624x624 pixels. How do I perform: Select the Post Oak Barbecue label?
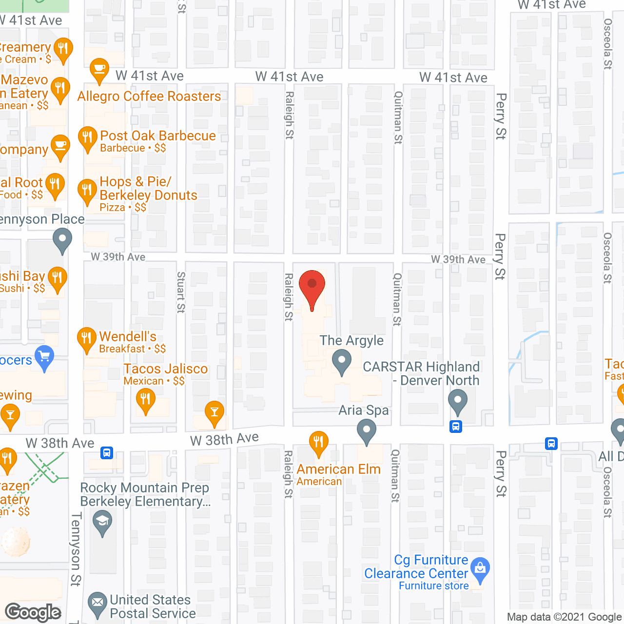tap(157, 136)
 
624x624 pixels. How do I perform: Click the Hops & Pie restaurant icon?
tap(87, 191)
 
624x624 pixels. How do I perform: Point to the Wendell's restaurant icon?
tap(87, 339)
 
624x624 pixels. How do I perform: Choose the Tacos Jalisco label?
tap(166, 369)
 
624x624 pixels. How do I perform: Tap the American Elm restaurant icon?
tap(318, 443)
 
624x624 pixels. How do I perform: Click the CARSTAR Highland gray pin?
tap(457, 402)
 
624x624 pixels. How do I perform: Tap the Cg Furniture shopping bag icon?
tap(481, 569)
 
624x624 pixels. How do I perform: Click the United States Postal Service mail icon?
tap(97, 604)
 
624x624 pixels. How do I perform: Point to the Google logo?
tap(33, 612)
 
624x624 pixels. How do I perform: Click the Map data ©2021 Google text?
tap(565, 617)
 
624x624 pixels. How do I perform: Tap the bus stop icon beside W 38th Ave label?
tap(107, 453)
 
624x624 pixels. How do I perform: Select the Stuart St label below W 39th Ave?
tap(181, 292)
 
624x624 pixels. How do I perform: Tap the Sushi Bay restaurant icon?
tap(58, 279)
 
